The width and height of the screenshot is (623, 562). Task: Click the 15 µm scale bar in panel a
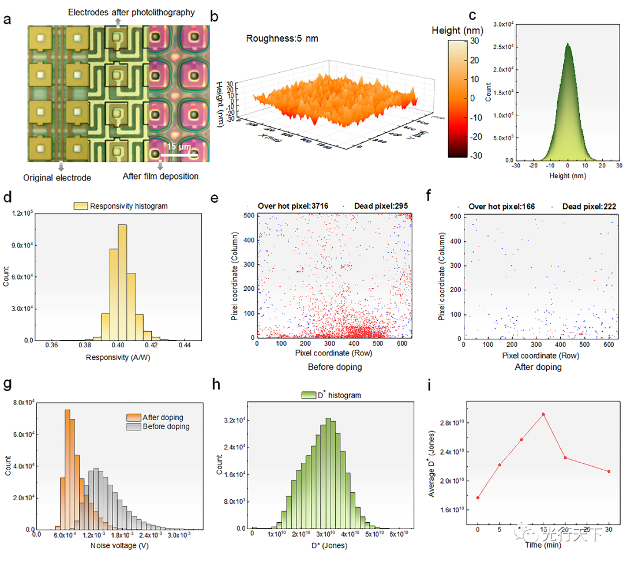point(179,155)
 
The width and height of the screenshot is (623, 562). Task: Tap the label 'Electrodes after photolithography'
point(131,12)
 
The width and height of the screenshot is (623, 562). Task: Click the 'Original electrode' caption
point(57,178)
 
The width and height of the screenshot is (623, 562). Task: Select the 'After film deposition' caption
point(160,176)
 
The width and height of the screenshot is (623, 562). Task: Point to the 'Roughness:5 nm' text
point(282,39)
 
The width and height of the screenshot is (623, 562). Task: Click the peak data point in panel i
point(543,414)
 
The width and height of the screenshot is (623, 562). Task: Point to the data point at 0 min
point(478,497)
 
